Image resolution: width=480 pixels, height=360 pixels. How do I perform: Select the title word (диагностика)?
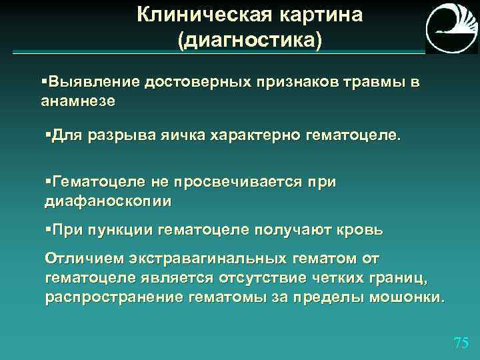point(249,41)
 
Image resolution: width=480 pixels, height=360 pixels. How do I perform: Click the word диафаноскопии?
point(107,201)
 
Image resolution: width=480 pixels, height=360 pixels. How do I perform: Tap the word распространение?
point(113,297)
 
